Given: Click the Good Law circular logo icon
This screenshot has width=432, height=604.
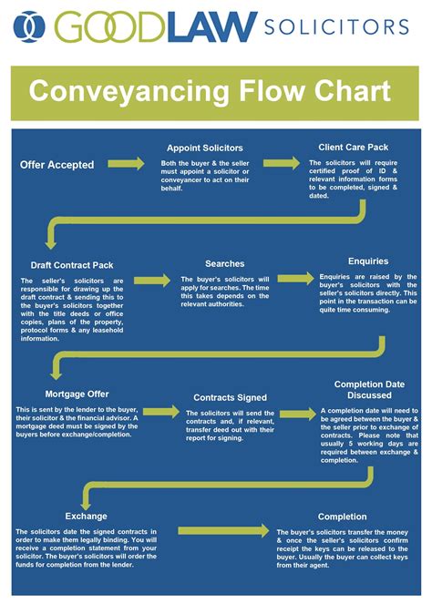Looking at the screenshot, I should pyautogui.click(x=32, y=28).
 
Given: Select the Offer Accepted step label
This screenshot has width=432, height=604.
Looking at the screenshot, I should pyautogui.click(x=57, y=165).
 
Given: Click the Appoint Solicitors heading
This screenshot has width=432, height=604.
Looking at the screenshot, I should pyautogui.click(x=204, y=148).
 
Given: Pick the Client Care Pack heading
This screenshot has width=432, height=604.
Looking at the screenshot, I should pyautogui.click(x=355, y=146).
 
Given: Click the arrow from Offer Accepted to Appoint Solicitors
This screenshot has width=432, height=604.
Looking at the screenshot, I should pyautogui.click(x=125, y=164).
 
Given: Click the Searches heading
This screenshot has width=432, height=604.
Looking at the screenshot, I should pyautogui.click(x=224, y=263).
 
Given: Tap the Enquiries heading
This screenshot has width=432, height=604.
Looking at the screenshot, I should pyautogui.click(x=367, y=261).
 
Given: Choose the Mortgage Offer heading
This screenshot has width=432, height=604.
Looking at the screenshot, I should pyautogui.click(x=77, y=394).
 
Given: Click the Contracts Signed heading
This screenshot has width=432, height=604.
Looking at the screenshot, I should pyautogui.click(x=230, y=397).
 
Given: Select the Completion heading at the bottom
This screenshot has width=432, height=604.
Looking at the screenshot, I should pyautogui.click(x=342, y=517).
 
